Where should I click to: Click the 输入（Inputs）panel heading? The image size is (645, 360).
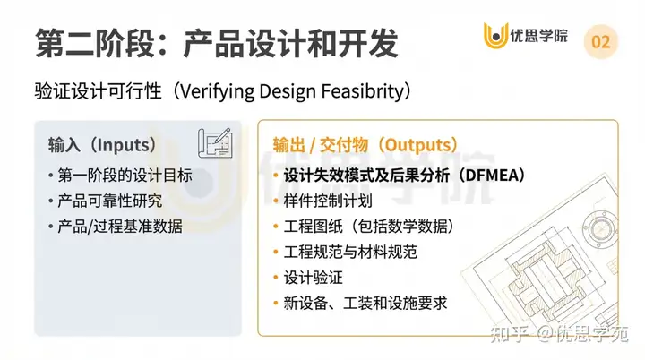tap(103, 144)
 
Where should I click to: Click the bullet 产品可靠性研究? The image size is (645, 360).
tap(111, 201)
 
